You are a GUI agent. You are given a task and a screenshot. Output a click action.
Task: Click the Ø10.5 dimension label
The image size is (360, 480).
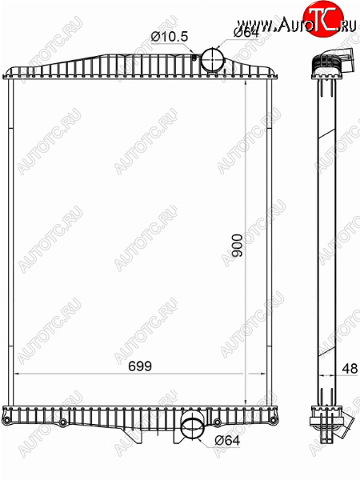point(170,37)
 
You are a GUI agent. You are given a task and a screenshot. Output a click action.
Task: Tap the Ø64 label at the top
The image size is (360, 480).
point(246,33)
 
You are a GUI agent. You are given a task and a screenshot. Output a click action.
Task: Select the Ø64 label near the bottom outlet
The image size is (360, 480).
point(227,441)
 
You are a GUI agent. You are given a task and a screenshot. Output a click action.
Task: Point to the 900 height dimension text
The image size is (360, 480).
point(238,246)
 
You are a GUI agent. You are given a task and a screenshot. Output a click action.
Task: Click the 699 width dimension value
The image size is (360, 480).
point(140,366)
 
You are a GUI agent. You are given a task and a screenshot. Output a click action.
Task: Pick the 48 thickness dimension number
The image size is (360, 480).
point(350,369)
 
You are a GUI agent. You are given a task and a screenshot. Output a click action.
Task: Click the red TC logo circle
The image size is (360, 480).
point(323,18)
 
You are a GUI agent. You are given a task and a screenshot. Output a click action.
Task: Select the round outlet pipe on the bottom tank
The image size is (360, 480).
point(193,428)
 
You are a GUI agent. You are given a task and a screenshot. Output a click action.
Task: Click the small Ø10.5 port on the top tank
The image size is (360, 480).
point(194,56)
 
